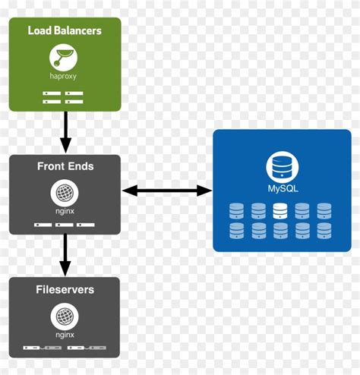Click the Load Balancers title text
pyautogui.click(x=65, y=30)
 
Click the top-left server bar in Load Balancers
pyautogui.click(x=52, y=93)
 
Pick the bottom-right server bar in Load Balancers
pyautogui.click(x=75, y=100)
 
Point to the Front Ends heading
pyautogui.click(x=65, y=166)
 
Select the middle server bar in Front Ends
pyautogui.click(x=65, y=225)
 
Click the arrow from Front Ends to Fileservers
pyautogui.click(x=65, y=255)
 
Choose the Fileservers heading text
pyautogui.click(x=65, y=289)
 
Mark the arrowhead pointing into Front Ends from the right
pyautogui.click(x=129, y=191)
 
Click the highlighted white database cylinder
pyautogui.click(x=279, y=210)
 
